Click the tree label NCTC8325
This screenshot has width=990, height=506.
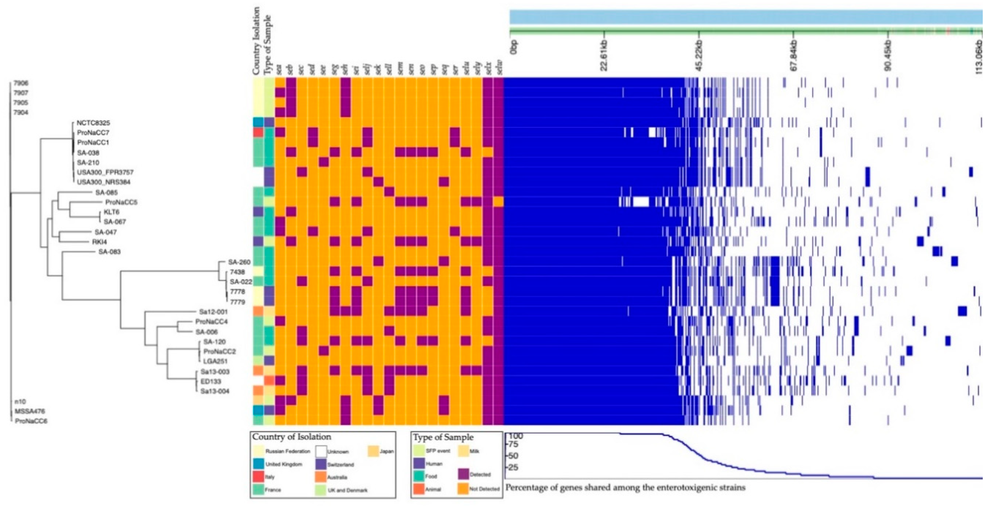click(x=93, y=123)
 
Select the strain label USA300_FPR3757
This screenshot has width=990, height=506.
click(x=105, y=173)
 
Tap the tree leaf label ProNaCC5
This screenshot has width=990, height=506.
click(x=121, y=202)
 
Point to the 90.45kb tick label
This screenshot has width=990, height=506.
click(x=888, y=56)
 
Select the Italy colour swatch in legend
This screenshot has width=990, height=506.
click(x=258, y=477)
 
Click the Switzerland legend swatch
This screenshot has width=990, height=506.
click(x=321, y=464)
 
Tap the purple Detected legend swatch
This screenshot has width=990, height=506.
click(x=464, y=474)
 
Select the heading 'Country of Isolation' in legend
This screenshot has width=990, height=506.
click(x=291, y=437)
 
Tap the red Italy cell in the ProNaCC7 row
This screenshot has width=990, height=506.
click(x=258, y=132)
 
